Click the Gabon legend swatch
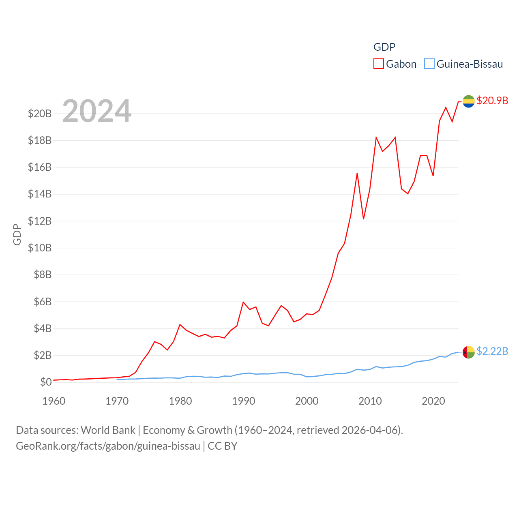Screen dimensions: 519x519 coord(378,64)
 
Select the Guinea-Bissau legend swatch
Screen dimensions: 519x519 coord(429,64)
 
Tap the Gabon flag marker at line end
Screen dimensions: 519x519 coord(469,101)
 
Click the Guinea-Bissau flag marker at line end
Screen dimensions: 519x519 coord(469,352)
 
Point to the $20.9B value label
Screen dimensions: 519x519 coord(492,101)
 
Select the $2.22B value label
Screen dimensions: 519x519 coord(492,351)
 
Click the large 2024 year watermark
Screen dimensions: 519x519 coord(97,111)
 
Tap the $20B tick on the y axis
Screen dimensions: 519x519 coord(40,114)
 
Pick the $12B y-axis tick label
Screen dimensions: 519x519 coord(40,221)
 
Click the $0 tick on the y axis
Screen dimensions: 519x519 coord(46,382)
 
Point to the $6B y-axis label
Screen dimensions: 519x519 coord(43,302)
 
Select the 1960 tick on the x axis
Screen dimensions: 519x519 coord(54,401)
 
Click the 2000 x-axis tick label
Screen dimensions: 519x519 coord(307,401)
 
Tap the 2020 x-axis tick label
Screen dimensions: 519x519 coord(433,401)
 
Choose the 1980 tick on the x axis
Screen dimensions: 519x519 coord(180,401)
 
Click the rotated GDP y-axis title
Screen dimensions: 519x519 coord(17,234)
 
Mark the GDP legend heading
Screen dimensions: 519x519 coord(384,47)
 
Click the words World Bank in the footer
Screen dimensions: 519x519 coord(108,430)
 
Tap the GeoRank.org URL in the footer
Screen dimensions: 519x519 coord(108,446)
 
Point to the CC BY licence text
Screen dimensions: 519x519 coord(222,446)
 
